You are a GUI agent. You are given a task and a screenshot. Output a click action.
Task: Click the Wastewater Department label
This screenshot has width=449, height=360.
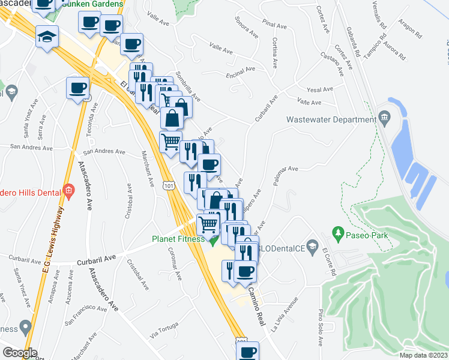pyautogui.click(x=331, y=119)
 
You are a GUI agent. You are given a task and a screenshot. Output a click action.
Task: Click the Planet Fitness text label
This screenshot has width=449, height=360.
pyautogui.click(x=175, y=238)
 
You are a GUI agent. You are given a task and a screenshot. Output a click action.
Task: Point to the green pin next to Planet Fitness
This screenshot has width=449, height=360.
pyautogui.click(x=212, y=241)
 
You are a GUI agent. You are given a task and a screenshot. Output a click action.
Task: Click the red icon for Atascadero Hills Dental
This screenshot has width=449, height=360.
pyautogui.click(x=69, y=192)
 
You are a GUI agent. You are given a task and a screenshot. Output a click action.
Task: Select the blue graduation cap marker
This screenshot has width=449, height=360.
pyautogui.click(x=47, y=37)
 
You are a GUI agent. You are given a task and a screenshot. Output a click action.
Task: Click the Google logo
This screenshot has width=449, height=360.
pyautogui.click(x=20, y=352)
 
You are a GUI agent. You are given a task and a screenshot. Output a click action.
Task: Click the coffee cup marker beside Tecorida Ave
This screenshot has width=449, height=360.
pyautogui.click(x=77, y=88)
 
